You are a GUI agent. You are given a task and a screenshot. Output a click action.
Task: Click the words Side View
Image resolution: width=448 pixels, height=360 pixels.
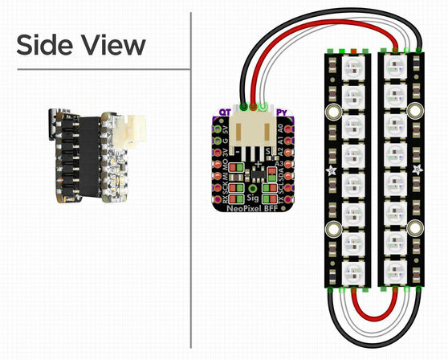tap(81, 45)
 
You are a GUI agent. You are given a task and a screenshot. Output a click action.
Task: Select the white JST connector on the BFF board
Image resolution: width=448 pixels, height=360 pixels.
tap(255, 132)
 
